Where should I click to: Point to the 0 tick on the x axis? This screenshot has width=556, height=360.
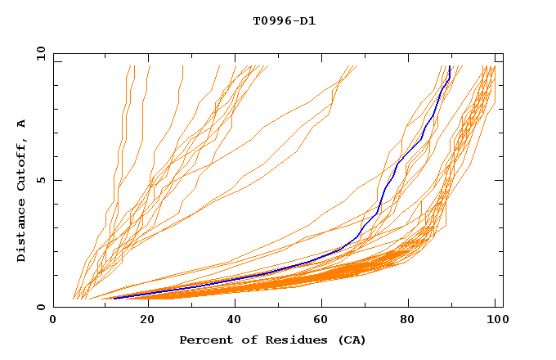click(x=53, y=321)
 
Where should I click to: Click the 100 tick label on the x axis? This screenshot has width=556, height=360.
click(x=495, y=321)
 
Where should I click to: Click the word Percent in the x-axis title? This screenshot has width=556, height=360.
click(x=204, y=340)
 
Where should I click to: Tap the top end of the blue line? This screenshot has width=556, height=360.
click(x=449, y=66)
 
